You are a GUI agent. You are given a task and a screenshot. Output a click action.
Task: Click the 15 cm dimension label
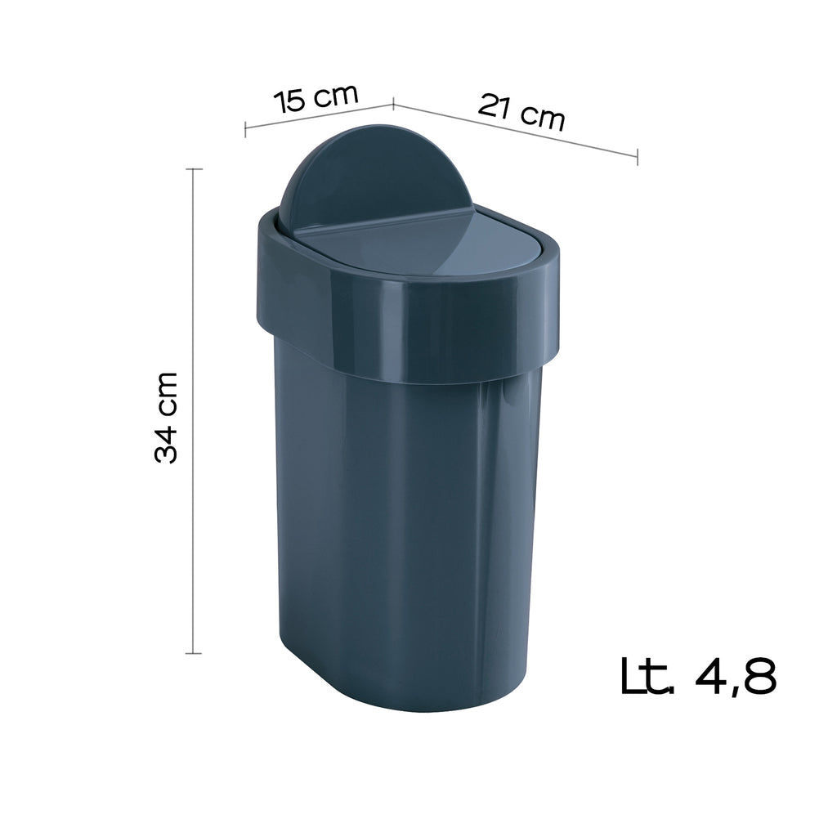316,97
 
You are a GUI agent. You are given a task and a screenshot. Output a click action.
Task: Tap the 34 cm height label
167,417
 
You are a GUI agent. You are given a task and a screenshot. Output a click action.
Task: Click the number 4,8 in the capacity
733,675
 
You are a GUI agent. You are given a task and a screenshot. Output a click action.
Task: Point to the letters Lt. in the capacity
647,674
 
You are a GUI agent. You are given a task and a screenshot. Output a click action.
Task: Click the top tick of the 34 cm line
194,169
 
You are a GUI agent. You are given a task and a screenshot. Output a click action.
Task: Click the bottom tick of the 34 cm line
194,653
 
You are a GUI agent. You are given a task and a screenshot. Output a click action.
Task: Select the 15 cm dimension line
319,117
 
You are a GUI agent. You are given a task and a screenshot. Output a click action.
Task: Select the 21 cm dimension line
515,128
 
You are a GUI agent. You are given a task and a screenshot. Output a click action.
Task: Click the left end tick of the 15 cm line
245,130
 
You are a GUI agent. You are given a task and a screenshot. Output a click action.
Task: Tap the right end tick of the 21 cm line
638,156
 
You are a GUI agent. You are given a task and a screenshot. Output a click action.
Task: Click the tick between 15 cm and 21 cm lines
393,103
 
